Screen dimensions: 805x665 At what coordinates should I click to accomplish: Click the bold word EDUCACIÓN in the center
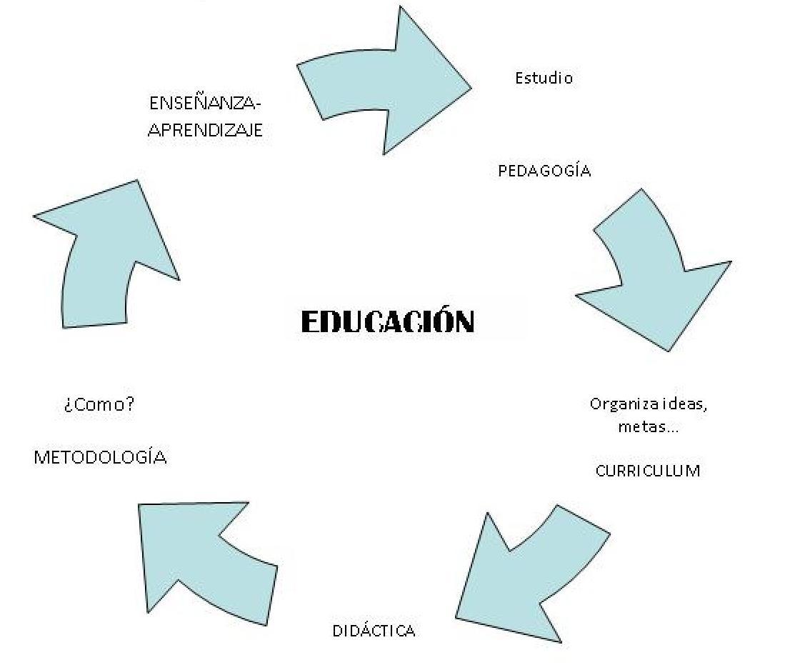[x=387, y=321]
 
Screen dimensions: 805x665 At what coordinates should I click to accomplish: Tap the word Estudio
[x=544, y=78]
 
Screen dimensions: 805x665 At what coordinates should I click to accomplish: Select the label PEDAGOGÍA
[x=544, y=171]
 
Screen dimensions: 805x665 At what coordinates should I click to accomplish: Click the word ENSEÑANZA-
[x=206, y=103]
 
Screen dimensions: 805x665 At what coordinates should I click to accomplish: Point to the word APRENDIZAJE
[x=205, y=131]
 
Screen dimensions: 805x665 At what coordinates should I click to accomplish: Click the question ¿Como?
[x=99, y=405]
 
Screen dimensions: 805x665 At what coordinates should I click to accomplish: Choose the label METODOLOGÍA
[x=100, y=457]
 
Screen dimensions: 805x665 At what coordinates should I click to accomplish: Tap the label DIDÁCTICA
[x=374, y=631]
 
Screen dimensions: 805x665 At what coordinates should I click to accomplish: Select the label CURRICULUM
[x=648, y=471]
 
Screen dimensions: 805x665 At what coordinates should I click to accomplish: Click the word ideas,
[x=684, y=404]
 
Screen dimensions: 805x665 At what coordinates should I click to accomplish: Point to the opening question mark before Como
[x=66, y=406]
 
